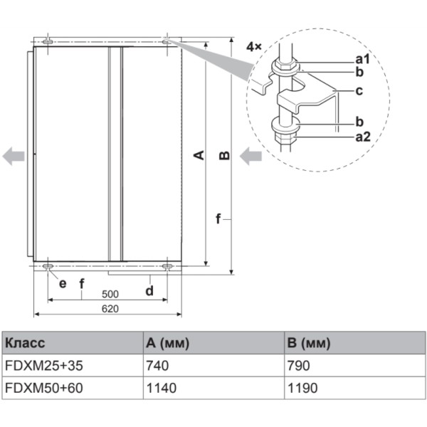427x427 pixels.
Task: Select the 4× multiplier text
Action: point(254,46)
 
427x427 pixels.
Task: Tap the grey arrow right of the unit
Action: point(251,156)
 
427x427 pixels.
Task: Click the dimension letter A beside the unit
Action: point(200,154)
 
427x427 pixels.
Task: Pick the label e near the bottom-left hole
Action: point(63,283)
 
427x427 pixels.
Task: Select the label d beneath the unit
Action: point(150,290)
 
